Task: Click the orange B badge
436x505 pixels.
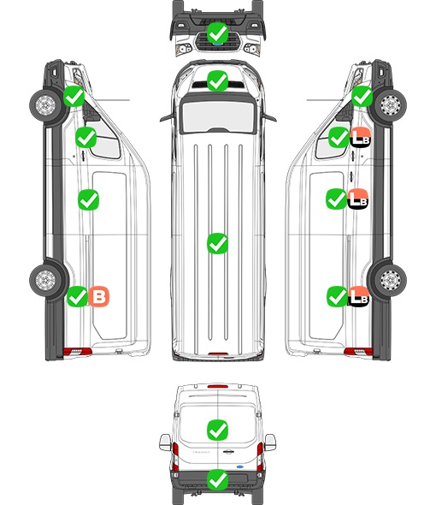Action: pyautogui.click(x=99, y=296)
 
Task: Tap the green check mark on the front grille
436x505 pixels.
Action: pyautogui.click(x=217, y=33)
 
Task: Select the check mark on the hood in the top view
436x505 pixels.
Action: pyautogui.click(x=217, y=80)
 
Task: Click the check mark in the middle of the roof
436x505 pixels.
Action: pyautogui.click(x=217, y=243)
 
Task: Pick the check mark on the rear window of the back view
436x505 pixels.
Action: pyautogui.click(x=217, y=430)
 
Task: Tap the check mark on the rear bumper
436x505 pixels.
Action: pyautogui.click(x=217, y=479)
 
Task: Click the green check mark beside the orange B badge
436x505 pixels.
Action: pyautogui.click(x=77, y=296)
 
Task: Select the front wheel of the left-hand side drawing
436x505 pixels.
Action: pyautogui.click(x=45, y=105)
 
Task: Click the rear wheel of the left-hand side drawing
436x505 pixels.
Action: pyautogui.click(x=45, y=280)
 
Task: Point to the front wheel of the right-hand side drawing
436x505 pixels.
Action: pyautogui.click(x=391, y=105)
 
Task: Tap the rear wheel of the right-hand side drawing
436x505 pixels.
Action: pyautogui.click(x=391, y=280)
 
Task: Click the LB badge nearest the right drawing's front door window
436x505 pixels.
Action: pyautogui.click(x=361, y=138)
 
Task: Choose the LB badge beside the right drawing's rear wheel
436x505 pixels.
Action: pyautogui.click(x=358, y=296)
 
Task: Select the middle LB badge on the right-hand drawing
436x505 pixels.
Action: pyautogui.click(x=358, y=199)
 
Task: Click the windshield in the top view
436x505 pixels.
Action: pyautogui.click(x=218, y=116)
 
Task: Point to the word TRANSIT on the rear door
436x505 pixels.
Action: pyautogui.click(x=201, y=452)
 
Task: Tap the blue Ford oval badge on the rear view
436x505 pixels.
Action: pyautogui.click(x=240, y=466)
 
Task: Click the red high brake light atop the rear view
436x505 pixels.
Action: pyautogui.click(x=218, y=386)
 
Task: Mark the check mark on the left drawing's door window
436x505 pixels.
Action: pyautogui.click(x=85, y=138)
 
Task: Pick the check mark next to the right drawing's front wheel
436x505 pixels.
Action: pyautogui.click(x=362, y=96)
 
